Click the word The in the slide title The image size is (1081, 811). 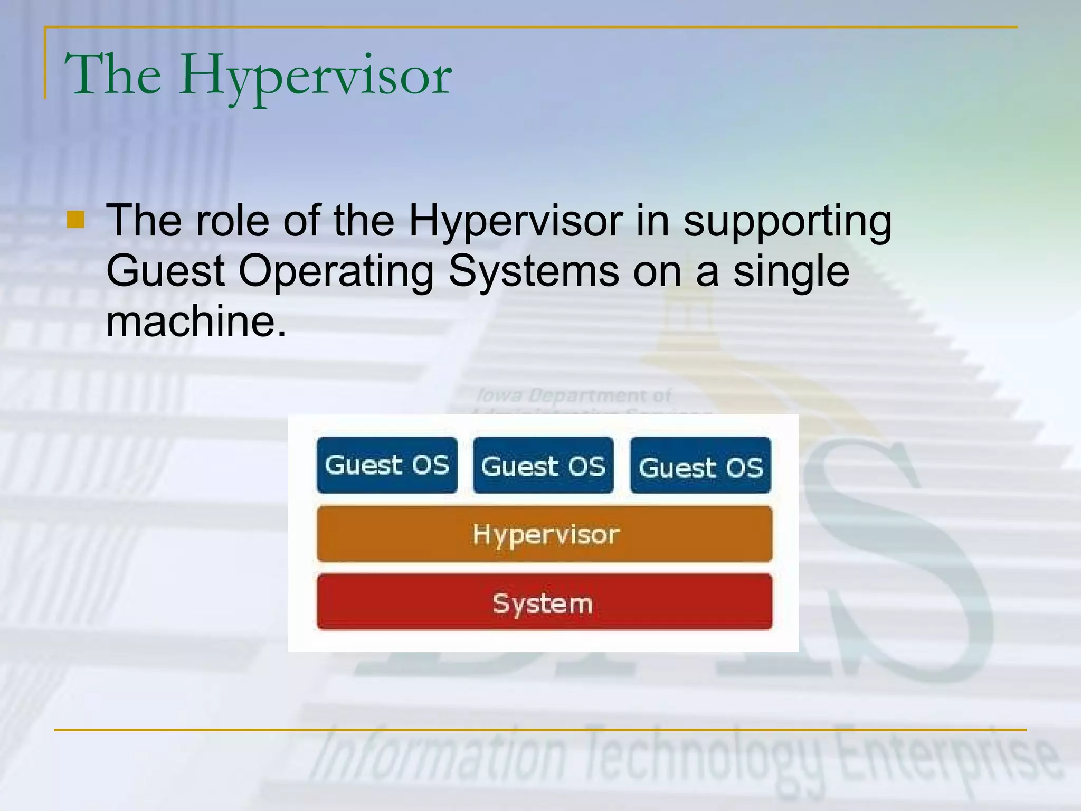click(x=112, y=75)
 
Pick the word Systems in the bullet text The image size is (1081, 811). click(x=534, y=271)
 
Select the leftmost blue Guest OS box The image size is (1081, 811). click(x=387, y=465)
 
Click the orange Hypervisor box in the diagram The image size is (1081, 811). click(x=544, y=534)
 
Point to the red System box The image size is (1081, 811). click(x=544, y=602)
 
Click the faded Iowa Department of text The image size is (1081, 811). click(x=573, y=395)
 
